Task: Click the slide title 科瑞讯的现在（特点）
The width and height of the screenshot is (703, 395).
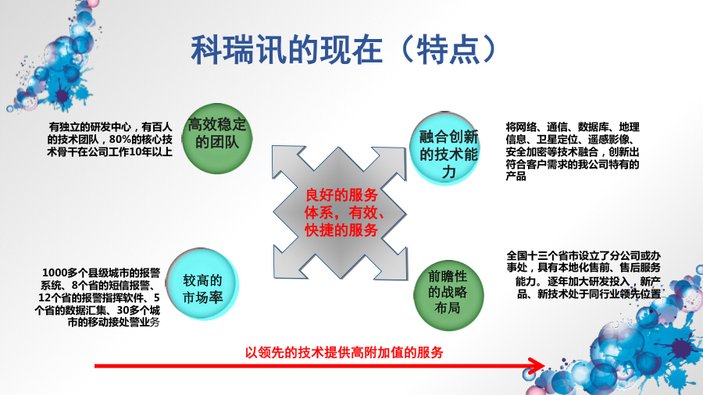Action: pos(344,49)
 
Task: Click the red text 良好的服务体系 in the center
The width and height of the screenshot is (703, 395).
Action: pos(341,194)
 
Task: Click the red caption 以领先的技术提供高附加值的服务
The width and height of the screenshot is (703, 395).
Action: pos(344,352)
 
